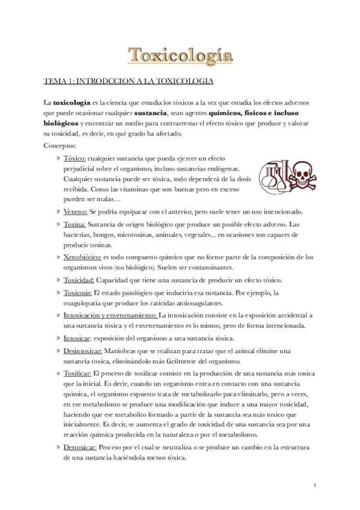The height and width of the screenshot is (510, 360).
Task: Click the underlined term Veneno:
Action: [x=76, y=211]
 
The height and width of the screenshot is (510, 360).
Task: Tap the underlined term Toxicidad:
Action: [x=79, y=280]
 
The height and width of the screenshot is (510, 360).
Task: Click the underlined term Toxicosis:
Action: [x=78, y=292]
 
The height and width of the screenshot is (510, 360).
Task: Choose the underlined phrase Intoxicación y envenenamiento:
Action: [x=110, y=315]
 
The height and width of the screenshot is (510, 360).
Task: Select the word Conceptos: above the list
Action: [x=60, y=145]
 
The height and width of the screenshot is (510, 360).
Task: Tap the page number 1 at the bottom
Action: [x=315, y=485]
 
